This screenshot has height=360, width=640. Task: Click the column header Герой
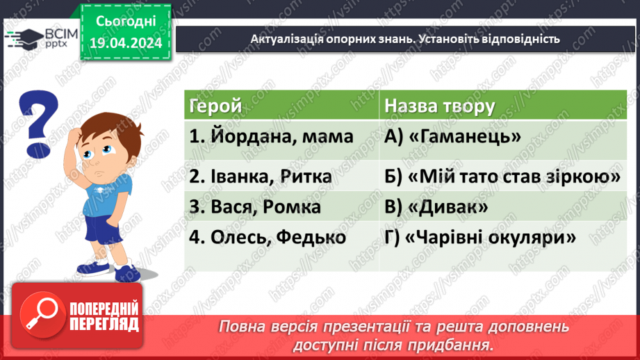coord(215,106)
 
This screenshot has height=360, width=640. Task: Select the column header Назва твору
coord(439,106)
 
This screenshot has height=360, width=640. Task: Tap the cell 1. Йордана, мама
coord(271,137)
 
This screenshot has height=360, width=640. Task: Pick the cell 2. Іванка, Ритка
coord(261,177)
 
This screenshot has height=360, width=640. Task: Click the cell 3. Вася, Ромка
coord(255,207)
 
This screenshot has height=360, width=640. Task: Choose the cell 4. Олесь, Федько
coord(268,237)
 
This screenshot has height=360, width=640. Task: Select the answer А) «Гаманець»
coord(452,137)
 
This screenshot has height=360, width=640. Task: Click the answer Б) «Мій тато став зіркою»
coord(502,177)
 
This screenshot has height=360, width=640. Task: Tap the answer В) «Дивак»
coord(436,207)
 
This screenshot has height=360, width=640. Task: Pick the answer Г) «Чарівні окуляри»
coord(480,237)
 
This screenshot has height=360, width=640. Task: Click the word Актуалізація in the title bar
coord(284,39)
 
